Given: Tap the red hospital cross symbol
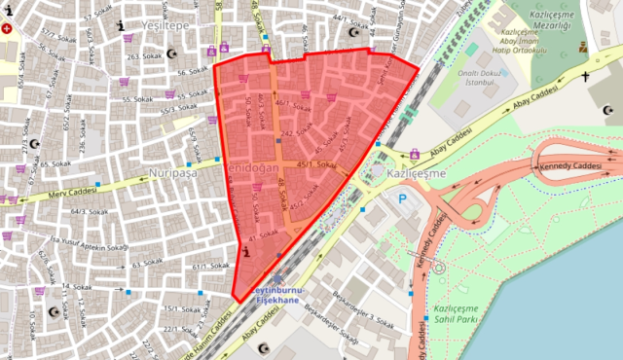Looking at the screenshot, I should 9,29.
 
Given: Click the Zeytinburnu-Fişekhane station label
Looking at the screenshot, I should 277,297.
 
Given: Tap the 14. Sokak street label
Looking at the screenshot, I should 75,286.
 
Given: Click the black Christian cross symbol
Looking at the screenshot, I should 586,75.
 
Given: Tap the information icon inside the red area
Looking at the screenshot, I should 243,253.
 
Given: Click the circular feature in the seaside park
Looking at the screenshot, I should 437,265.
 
